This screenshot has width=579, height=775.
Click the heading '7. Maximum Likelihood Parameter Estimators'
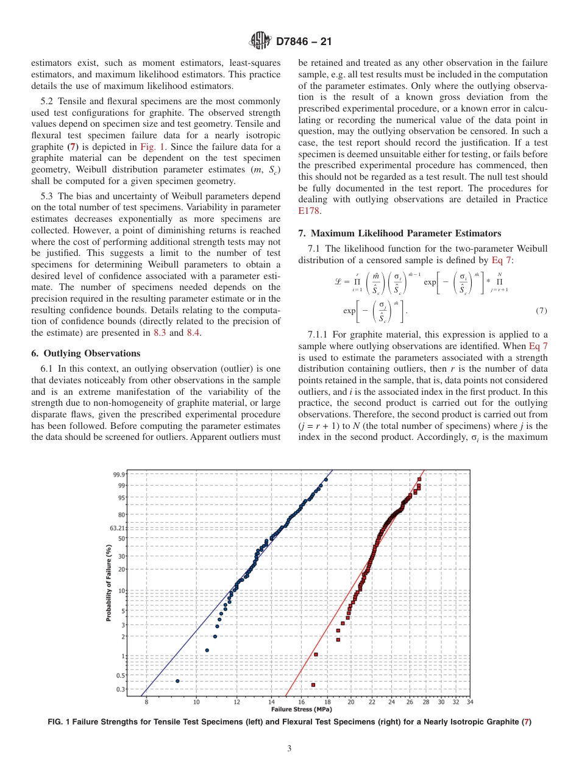click(x=400, y=233)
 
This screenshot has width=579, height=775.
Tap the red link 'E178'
click(x=308, y=211)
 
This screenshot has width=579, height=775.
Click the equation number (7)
click(x=541, y=311)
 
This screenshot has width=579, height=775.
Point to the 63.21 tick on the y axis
click(x=118, y=528)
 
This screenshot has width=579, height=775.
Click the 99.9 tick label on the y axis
click(x=119, y=474)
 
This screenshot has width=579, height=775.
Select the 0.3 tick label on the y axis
click(x=121, y=689)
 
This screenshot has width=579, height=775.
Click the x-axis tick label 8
click(x=146, y=702)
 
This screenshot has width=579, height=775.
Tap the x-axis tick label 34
click(x=469, y=702)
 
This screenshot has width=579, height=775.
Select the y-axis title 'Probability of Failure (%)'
click(x=108, y=583)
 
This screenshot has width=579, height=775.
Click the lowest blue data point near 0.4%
click(x=177, y=681)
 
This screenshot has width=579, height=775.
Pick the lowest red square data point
click(x=313, y=685)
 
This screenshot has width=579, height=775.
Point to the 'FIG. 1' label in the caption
click(x=59, y=722)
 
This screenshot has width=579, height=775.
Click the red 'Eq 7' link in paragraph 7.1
click(x=502, y=260)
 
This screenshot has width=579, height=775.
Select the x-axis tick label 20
click(x=351, y=702)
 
